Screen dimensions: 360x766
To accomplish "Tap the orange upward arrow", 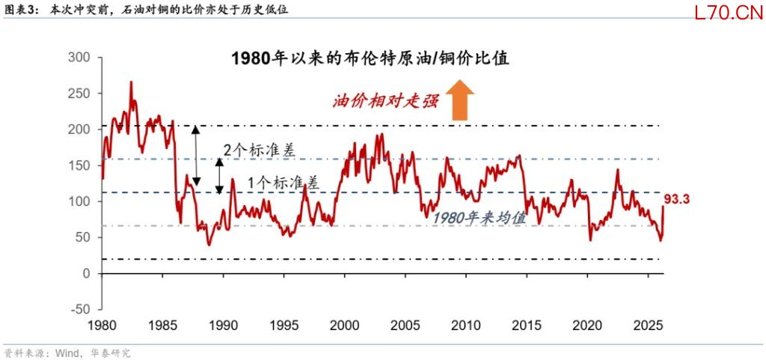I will (x=459, y=101).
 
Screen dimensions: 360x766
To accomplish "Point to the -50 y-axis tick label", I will (x=79, y=309).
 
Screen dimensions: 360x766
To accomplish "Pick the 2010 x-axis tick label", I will (x=465, y=326).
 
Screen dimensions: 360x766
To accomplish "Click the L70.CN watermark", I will (x=722, y=13).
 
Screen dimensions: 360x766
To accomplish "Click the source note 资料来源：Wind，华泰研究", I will (x=67, y=353).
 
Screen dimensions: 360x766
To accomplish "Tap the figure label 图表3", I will (x=20, y=10).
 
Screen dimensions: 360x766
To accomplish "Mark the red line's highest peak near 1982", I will (x=131, y=82).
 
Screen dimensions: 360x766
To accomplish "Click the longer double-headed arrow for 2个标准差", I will (x=196, y=155).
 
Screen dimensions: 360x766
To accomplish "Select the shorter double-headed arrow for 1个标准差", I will (x=220, y=175).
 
